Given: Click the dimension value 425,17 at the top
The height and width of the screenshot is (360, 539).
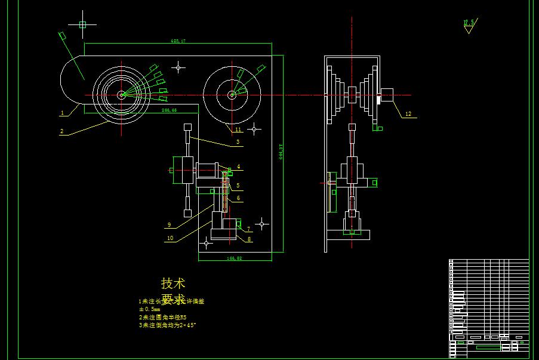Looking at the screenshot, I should tap(178, 41).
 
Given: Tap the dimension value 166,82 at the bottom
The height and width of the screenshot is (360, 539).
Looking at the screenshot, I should tap(235, 259).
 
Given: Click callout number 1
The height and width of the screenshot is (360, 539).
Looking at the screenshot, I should tap(62, 112).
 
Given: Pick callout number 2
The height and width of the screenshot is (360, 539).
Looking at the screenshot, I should tap(61, 131).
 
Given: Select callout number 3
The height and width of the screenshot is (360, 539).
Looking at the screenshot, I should tap(238, 142).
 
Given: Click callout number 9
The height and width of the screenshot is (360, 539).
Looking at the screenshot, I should tap(169, 225).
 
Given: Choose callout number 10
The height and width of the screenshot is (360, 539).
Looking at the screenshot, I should tap(170, 238).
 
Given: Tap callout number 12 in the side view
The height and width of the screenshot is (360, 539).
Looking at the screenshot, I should tap(408, 113).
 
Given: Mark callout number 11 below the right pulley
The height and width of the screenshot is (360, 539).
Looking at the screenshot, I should tap(238, 129).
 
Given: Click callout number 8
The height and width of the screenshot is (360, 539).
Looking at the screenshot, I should tap(249, 239).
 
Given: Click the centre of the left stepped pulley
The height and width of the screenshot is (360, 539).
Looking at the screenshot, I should tap(121, 94).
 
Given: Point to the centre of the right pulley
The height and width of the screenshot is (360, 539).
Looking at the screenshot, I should tap(232, 94).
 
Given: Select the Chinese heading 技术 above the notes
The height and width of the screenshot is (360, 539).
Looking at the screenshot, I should tap(173, 283).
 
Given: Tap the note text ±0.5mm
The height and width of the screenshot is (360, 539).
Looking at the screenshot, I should tap(150, 309).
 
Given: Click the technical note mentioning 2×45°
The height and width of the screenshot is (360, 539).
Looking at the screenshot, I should tap(167, 325).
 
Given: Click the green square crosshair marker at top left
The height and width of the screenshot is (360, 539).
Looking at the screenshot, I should tap(82, 24).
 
